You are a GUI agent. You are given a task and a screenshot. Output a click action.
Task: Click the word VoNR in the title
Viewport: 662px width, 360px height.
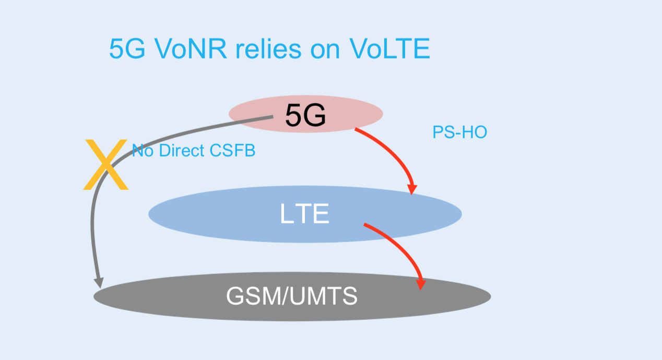coord(191,49)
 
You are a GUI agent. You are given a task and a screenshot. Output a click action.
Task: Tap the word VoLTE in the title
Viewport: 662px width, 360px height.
coord(389,49)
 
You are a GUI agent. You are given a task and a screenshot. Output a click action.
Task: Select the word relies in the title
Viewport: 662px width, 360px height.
coord(268,49)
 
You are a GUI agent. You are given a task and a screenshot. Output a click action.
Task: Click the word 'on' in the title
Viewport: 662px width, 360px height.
coord(325,51)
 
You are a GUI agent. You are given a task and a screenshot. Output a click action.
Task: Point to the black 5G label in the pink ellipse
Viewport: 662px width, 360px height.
coord(305,115)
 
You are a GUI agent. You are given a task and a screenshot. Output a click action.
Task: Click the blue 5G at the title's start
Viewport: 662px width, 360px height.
coord(127,49)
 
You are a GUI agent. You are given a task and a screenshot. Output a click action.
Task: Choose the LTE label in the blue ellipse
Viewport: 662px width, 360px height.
coord(304,213)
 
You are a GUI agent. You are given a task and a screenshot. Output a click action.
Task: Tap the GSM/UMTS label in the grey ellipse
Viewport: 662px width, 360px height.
coord(292,296)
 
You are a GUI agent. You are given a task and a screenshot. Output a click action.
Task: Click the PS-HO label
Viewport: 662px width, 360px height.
coord(459,132)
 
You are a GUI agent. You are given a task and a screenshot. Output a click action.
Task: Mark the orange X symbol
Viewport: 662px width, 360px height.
coord(106,164)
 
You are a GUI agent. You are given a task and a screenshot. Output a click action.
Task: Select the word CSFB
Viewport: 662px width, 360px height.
coord(232,150)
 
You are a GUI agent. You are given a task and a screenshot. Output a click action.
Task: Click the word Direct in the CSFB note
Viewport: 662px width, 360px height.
coord(182,150)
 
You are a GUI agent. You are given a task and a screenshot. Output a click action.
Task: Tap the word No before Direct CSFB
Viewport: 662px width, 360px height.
coord(143,150)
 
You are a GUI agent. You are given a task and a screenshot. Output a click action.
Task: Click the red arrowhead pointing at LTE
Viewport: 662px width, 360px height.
coord(412,189)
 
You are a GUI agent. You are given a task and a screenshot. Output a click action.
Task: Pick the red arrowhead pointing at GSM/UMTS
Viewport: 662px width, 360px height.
coord(421,285)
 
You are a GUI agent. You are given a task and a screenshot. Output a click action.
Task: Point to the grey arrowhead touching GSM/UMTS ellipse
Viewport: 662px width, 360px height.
coord(99,283)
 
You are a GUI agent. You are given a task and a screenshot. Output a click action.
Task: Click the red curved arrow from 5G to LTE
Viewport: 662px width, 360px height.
coord(395,153)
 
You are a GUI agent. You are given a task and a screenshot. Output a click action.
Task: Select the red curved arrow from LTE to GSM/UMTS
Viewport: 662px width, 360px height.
coord(403,249)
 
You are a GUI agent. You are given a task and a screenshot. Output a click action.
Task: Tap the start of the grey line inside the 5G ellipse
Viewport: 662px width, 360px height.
coord(273,117)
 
